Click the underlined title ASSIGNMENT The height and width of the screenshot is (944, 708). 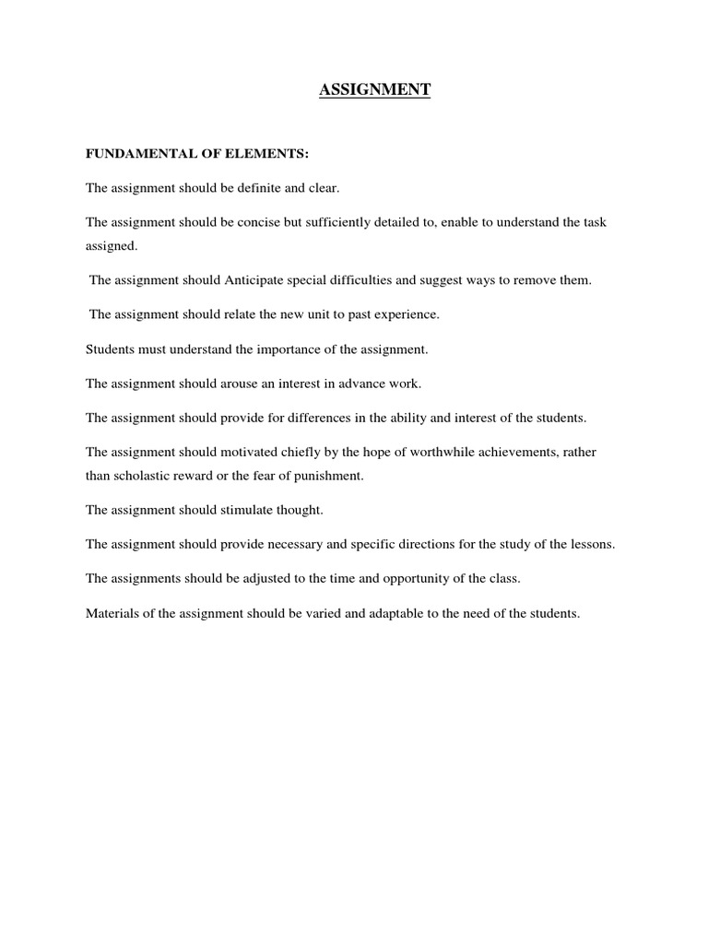pyautogui.click(x=375, y=90)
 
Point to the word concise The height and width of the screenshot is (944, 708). pyautogui.click(x=261, y=223)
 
